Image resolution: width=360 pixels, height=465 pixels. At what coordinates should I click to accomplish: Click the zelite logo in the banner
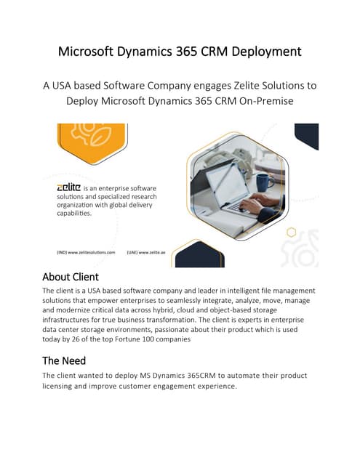tap(72, 187)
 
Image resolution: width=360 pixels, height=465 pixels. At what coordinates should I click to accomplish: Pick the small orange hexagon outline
tap(291, 232)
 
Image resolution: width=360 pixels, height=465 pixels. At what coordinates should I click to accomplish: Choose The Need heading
tap(64, 360)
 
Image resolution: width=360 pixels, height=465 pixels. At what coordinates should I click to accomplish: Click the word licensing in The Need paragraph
tap(61, 386)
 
